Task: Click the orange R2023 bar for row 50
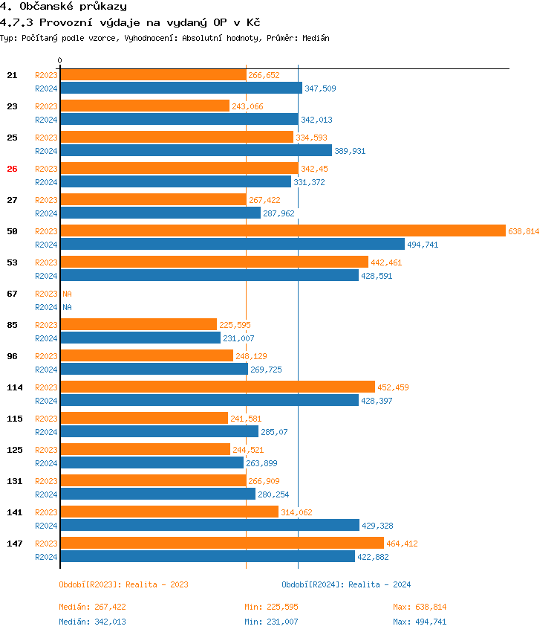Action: click(282, 231)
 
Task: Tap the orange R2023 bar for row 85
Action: click(138, 325)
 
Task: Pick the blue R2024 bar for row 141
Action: click(209, 526)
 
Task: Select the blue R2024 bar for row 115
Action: click(159, 432)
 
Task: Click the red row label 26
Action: click(12, 169)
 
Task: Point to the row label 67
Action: click(12, 294)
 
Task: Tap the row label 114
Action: click(15, 387)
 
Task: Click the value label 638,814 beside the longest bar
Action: click(524, 231)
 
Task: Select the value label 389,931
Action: click(350, 151)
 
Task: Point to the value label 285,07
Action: click(274, 432)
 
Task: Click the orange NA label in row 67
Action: click(67, 294)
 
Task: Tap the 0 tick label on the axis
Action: click(60, 60)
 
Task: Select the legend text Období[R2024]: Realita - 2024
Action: click(346, 584)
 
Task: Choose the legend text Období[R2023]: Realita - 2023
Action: click(123, 584)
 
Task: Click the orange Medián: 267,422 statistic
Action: click(92, 607)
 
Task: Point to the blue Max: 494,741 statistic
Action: click(420, 622)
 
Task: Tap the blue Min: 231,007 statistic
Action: click(271, 622)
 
